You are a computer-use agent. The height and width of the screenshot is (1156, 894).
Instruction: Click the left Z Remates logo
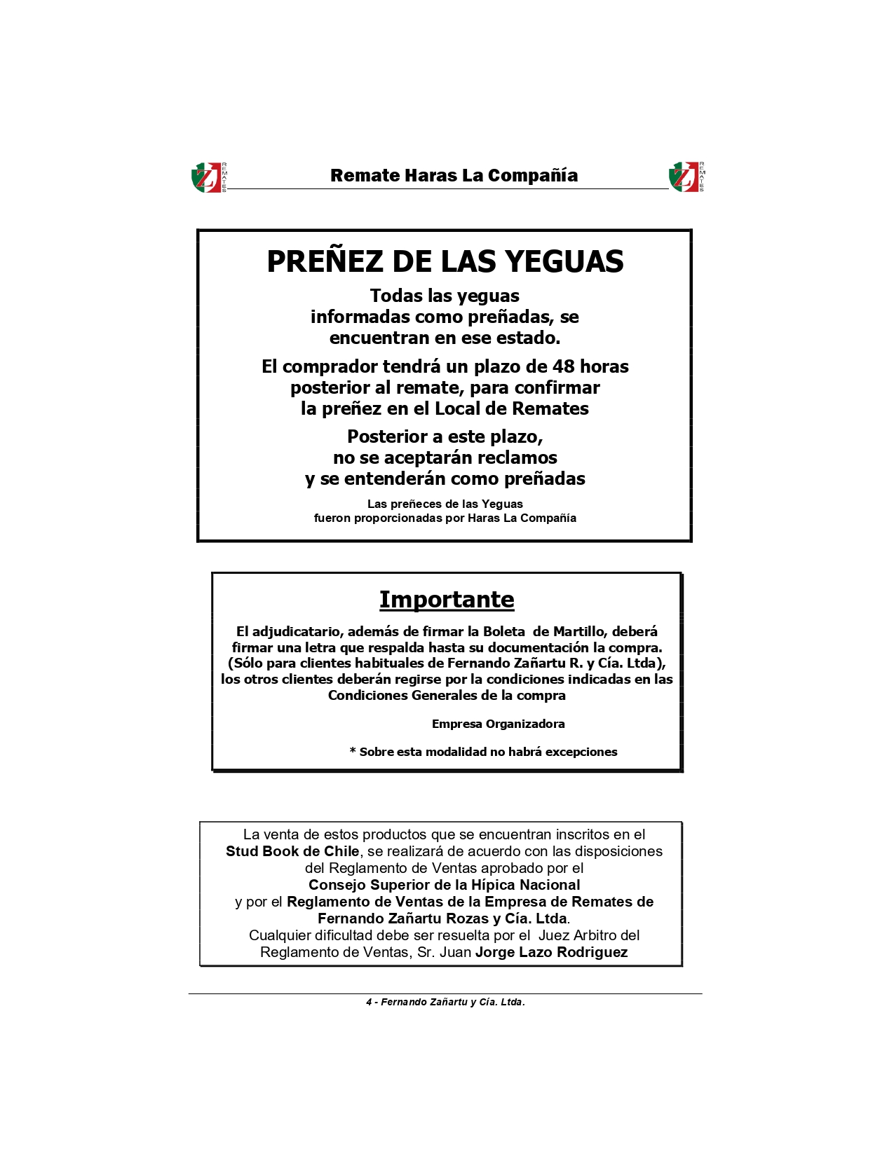pos(208,177)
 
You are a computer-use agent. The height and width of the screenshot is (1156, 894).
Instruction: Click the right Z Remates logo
pos(686,177)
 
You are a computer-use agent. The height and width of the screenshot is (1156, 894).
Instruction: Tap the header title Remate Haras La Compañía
pos(454,175)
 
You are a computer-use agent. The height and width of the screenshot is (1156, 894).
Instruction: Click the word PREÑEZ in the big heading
pos(325,261)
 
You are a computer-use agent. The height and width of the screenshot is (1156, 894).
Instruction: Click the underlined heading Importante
pos(447,600)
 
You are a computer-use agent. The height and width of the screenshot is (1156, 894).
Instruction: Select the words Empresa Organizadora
pos(498,724)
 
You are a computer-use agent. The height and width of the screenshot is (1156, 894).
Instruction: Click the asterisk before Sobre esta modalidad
pos(353,752)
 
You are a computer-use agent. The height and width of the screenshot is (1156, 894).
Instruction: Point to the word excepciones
pos(581,752)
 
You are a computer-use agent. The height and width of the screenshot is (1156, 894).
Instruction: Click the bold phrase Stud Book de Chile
pos(292,851)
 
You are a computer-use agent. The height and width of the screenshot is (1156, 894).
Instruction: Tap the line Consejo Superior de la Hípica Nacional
pos(444,885)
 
